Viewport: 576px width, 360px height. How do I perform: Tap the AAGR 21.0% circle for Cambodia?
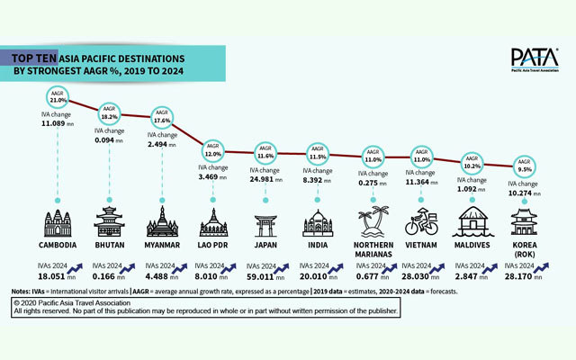click(x=58, y=96)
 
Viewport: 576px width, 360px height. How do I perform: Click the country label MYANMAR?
click(x=162, y=246)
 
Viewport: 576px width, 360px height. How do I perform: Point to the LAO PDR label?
click(x=213, y=246)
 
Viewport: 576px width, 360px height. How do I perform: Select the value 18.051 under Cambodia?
click(x=55, y=278)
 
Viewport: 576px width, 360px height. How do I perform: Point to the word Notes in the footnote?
click(x=22, y=292)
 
